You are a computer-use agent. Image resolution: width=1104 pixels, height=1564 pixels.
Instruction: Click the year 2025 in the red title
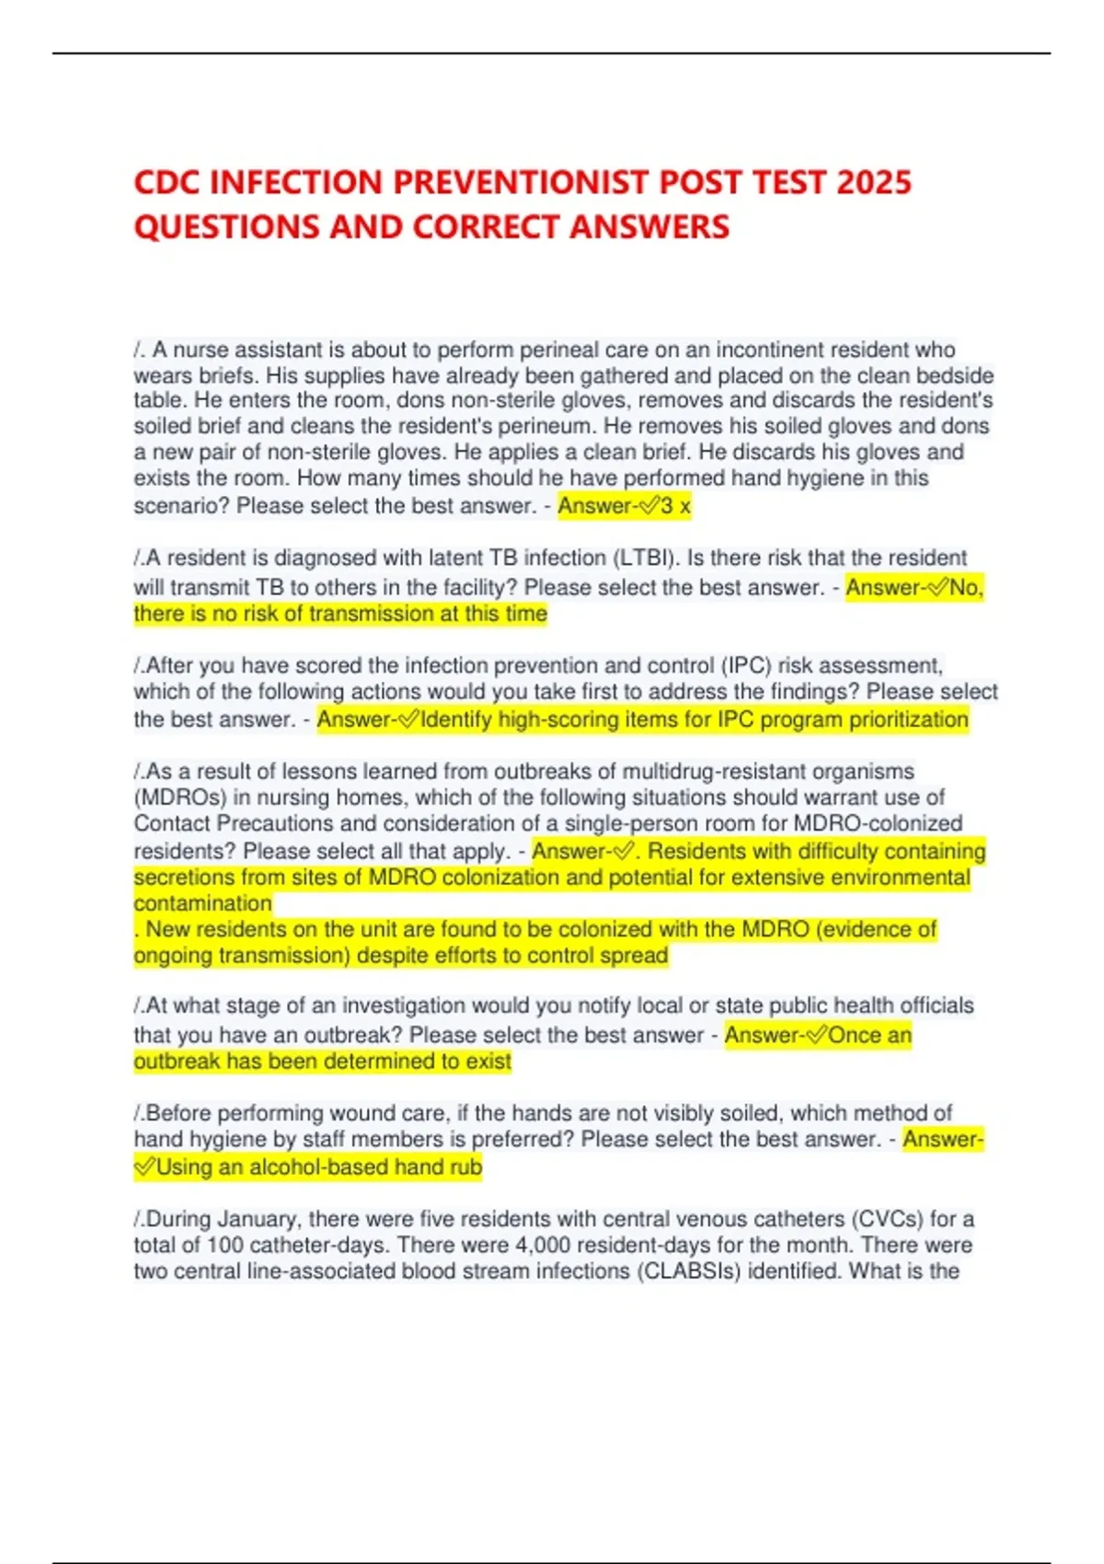[x=873, y=182]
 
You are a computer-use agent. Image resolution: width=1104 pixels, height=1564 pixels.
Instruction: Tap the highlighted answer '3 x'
[x=675, y=505]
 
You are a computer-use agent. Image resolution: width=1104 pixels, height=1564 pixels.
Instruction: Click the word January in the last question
[x=258, y=1219]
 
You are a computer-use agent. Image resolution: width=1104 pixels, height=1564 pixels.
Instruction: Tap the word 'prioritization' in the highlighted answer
[x=908, y=719]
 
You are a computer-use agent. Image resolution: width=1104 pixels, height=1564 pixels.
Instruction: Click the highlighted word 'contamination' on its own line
[x=202, y=903]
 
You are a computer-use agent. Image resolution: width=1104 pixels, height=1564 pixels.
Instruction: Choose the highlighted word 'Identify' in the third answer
[x=455, y=719]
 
